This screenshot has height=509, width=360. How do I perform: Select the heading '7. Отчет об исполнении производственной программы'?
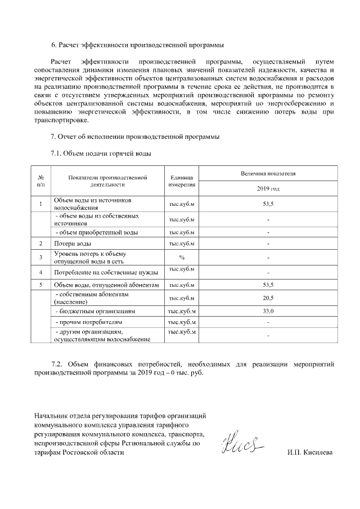click(135, 137)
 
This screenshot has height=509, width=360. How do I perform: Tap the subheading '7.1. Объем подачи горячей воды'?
click(101, 153)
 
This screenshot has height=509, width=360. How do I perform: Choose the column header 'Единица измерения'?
click(182, 181)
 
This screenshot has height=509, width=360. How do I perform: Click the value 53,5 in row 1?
click(268, 204)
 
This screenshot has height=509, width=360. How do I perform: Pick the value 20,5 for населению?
click(268, 298)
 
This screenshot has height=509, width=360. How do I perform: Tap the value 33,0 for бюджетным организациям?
click(268, 311)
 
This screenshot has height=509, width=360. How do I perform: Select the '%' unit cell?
click(182, 258)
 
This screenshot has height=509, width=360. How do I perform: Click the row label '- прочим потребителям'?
click(88, 322)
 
